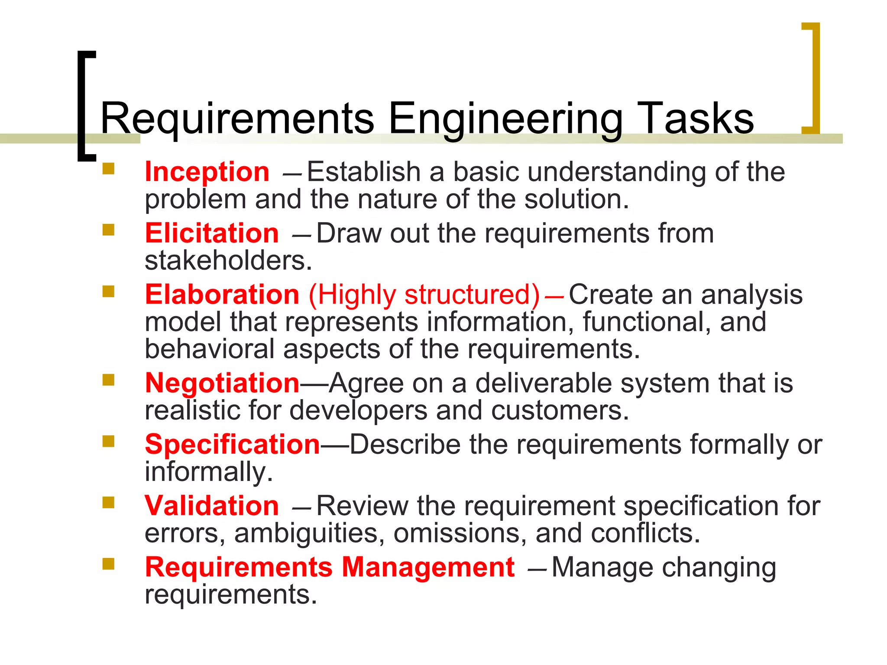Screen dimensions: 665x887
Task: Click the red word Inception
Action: (207, 172)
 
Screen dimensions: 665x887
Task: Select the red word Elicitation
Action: (212, 234)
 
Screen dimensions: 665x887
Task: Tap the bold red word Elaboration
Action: (222, 295)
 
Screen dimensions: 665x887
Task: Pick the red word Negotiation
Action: (222, 384)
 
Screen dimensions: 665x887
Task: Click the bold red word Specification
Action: (233, 445)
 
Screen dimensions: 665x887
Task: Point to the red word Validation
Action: (212, 506)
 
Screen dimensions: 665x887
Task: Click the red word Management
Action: (428, 567)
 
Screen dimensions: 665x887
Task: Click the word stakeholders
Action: (228, 261)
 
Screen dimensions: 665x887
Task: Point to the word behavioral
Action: (210, 349)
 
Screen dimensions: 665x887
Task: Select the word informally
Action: (209, 472)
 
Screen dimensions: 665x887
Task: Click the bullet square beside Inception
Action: (108, 168)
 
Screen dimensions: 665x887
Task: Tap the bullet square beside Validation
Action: (108, 502)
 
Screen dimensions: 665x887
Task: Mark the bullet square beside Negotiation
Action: (108, 380)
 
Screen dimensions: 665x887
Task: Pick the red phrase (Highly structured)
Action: (424, 295)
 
